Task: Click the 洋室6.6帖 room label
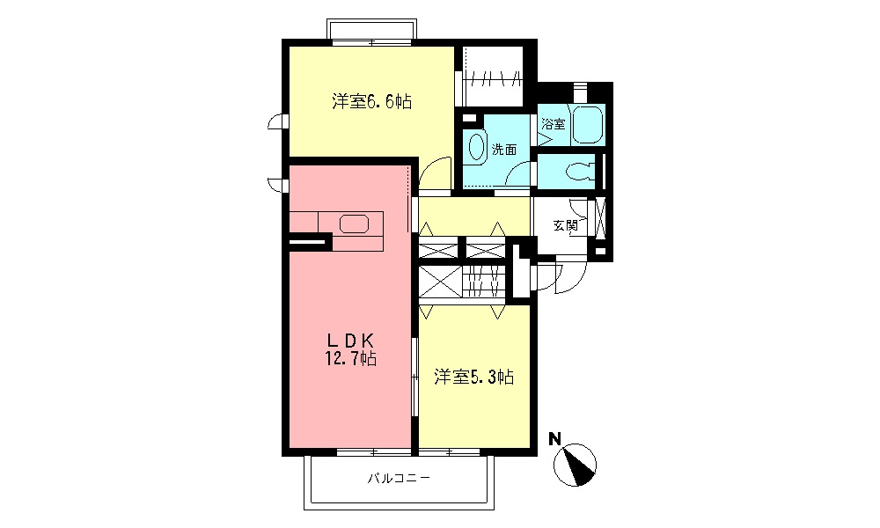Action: [371, 101]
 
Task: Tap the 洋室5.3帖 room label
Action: [473, 378]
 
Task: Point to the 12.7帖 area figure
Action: [352, 358]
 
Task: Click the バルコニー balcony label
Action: [398, 479]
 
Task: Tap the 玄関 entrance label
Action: [565, 225]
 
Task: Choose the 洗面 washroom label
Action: [503, 150]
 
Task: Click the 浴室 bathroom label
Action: [553, 125]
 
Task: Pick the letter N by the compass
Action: [555, 437]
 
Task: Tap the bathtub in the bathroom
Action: [587, 125]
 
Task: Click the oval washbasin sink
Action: [477, 147]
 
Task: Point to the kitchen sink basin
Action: [355, 224]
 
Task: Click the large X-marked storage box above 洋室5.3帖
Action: [439, 282]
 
